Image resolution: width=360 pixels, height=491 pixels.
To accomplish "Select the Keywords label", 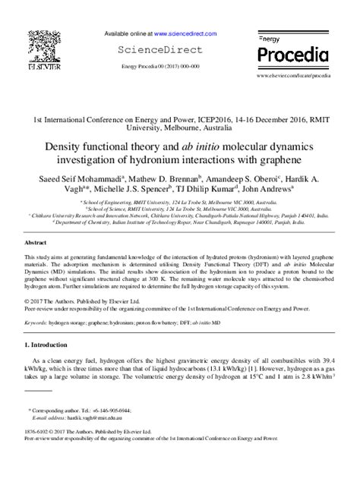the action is click(36, 323).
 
